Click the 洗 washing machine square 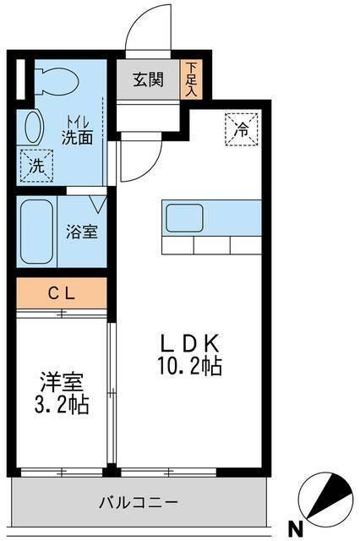36,163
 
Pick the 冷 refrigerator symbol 241,130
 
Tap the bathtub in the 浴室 37,231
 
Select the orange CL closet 61,293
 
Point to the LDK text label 193,344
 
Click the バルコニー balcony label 137,502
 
